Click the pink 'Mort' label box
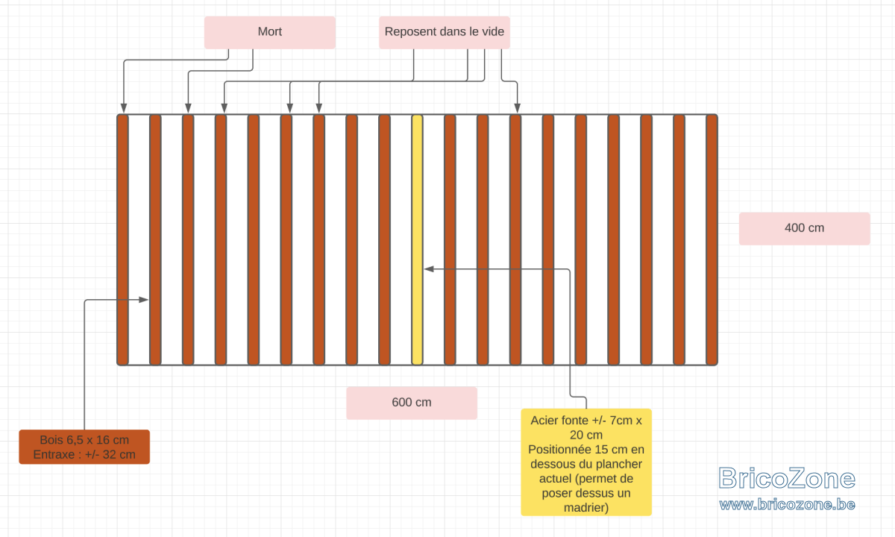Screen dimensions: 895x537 tap(270, 32)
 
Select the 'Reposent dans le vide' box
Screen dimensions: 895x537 tap(445, 32)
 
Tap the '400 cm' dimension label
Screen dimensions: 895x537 tap(804, 228)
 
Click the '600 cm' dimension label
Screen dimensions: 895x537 tap(412, 403)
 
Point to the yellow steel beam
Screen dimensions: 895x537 tap(417, 239)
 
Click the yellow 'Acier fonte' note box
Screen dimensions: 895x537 tap(586, 462)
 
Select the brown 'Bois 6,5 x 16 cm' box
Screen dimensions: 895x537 tap(84, 447)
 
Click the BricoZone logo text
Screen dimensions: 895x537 tap(787, 478)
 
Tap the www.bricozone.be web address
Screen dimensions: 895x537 tap(787, 505)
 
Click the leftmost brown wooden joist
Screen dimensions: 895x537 tap(122, 239)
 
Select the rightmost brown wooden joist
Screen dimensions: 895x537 tap(712, 239)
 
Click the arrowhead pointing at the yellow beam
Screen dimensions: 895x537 tap(429, 269)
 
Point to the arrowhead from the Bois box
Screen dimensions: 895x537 tap(143, 300)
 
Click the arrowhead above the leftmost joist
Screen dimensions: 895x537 tap(124, 108)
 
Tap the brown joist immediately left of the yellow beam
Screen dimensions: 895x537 tap(384, 239)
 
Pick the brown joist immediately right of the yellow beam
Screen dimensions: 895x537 tap(450, 239)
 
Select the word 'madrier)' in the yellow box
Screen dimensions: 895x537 tap(586, 508)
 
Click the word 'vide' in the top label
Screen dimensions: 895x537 tap(492, 31)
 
